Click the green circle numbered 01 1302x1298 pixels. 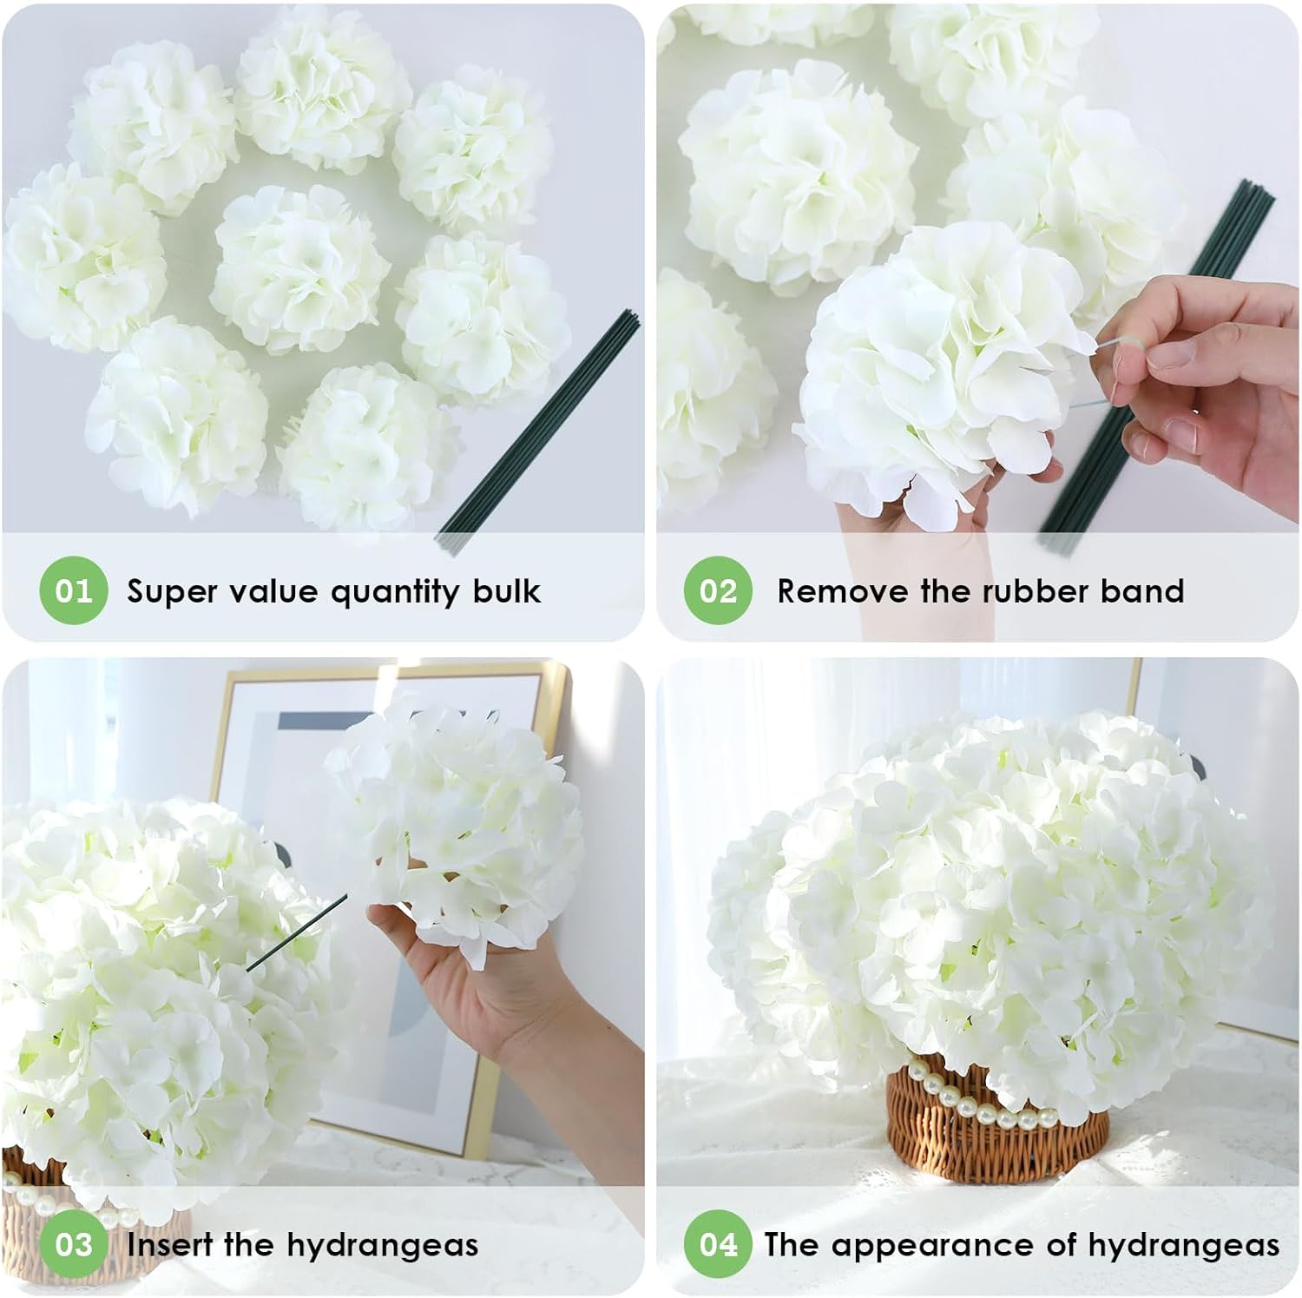click(x=73, y=590)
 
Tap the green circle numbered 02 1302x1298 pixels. click(x=718, y=590)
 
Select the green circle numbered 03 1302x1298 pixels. click(x=73, y=1244)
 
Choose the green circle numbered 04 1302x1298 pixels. click(x=718, y=1244)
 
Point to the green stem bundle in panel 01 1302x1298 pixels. click(x=538, y=434)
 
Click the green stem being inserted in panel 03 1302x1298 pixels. click(x=295, y=933)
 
